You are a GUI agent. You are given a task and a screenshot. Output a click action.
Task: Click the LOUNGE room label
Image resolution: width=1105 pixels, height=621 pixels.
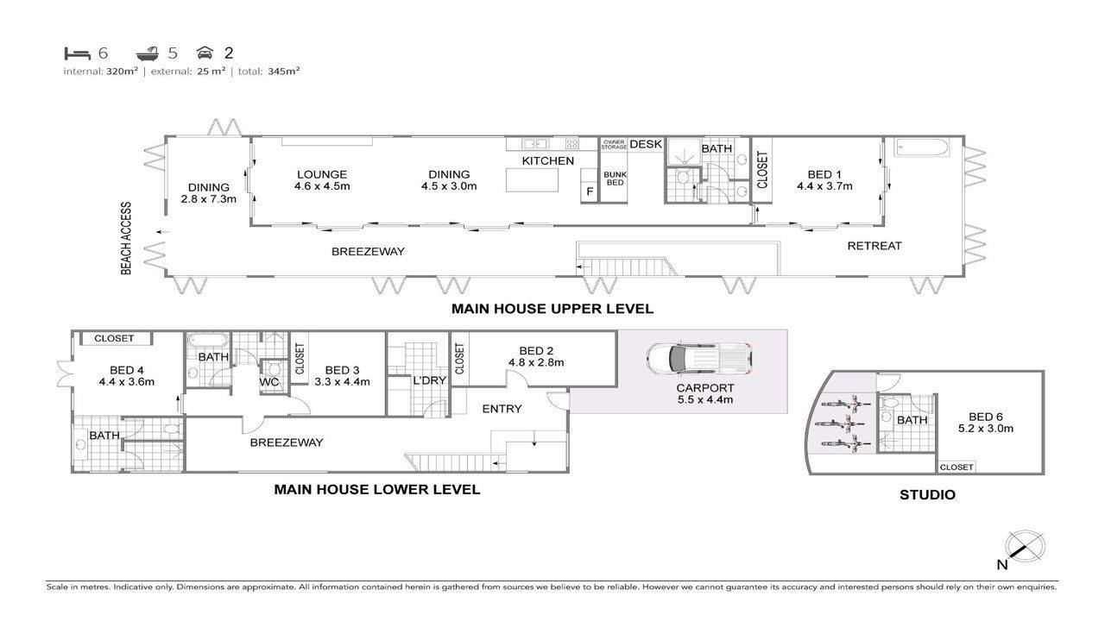point(322,174)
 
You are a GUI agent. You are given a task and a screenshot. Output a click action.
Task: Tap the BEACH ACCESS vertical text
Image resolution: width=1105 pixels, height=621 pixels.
point(126,238)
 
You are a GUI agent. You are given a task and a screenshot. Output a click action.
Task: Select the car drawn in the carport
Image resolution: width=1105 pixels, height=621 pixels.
point(698,359)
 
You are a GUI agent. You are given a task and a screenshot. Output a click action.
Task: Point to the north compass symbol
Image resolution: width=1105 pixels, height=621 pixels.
point(1025,547)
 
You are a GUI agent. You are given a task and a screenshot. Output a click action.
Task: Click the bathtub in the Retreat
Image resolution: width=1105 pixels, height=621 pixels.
point(921,147)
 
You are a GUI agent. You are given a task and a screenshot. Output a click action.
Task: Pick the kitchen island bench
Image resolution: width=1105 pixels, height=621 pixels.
point(532,180)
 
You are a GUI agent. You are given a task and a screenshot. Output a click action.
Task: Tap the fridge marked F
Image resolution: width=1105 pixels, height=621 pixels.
point(589,185)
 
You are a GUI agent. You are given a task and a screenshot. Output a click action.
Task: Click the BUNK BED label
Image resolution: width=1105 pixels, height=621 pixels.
point(615,179)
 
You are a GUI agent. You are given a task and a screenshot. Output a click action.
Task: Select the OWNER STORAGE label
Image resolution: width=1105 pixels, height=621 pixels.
point(614,144)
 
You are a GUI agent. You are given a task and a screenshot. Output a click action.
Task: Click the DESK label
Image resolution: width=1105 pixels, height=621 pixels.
point(646,144)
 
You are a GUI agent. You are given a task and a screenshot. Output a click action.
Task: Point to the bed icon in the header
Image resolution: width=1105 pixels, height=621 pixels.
point(78,53)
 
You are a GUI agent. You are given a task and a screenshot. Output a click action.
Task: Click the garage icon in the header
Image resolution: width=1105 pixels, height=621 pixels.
point(205,53)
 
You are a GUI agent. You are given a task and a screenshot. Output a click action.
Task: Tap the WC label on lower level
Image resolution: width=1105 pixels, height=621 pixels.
point(269,382)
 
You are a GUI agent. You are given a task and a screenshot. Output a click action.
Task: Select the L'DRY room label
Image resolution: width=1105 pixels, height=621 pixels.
point(429,380)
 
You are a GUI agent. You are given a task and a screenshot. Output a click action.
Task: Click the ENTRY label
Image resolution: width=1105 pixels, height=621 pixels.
point(502,409)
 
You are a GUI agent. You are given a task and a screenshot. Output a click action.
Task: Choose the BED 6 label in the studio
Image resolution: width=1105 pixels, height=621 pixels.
point(986,417)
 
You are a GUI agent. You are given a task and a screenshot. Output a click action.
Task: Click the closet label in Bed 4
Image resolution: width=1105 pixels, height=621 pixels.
point(114,339)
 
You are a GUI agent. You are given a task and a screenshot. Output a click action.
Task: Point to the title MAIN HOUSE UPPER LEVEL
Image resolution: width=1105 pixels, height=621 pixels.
point(552,309)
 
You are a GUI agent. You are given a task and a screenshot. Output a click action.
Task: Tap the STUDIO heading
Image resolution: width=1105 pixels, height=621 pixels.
point(927,495)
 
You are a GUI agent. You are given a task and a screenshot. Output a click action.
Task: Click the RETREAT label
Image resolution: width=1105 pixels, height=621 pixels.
point(875,246)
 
